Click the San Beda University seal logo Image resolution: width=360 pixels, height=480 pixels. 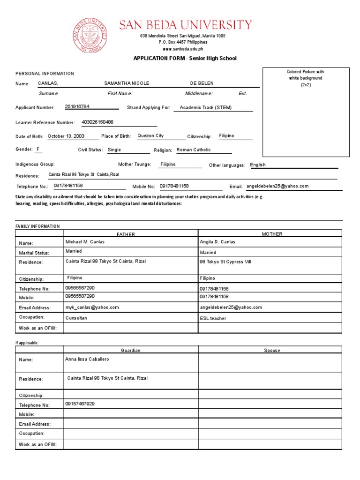click(90, 36)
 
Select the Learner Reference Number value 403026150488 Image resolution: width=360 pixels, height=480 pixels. click(97, 122)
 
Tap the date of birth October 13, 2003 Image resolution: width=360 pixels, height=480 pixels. click(66, 136)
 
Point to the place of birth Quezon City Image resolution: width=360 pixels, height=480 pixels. click(150, 136)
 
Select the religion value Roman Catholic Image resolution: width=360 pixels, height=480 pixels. click(194, 150)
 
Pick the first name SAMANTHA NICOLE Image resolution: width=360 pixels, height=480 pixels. click(127, 83)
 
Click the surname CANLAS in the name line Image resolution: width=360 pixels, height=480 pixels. click(48, 83)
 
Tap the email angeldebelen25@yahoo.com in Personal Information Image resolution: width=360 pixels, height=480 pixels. click(277, 186)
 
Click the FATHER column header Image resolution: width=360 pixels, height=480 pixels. click(126, 234)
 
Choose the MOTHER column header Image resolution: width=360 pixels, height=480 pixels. click(272, 234)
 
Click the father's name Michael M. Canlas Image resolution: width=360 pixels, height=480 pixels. click(85, 242)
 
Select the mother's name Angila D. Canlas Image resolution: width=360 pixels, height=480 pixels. click(217, 242)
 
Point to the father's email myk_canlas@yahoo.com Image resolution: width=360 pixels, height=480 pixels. click(92, 307)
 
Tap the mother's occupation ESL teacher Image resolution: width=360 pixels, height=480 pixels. click(213, 318)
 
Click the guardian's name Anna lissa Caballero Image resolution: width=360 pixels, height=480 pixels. click(87, 359)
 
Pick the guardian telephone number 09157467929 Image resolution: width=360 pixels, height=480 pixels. click(80, 404)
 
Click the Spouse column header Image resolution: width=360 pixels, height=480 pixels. click(272, 350)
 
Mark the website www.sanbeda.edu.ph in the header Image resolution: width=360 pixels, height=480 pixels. click(183, 49)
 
